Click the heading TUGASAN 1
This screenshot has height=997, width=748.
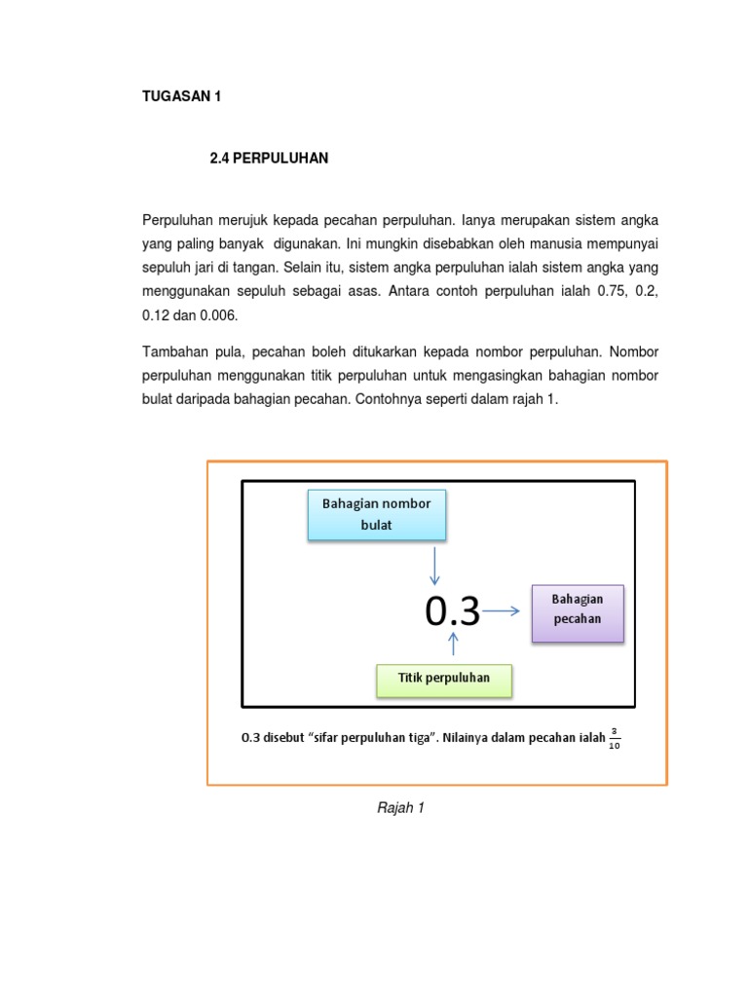[x=182, y=96]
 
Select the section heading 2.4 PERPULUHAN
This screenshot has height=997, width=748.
[x=269, y=158]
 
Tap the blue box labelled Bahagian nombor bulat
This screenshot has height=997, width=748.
[x=376, y=514]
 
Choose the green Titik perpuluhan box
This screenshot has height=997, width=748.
[x=443, y=679]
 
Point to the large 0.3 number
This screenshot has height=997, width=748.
[x=452, y=611]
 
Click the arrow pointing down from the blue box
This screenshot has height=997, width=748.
[x=434, y=565]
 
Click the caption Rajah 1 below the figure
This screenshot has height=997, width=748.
[x=400, y=808]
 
